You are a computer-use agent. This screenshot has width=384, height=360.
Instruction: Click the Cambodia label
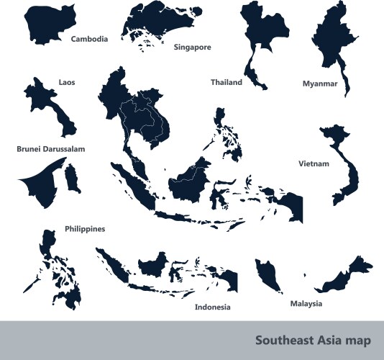pyautogui.click(x=89, y=39)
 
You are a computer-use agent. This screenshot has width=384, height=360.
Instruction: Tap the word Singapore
pyautogui.click(x=192, y=47)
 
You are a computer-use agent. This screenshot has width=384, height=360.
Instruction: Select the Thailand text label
pyautogui.click(x=226, y=82)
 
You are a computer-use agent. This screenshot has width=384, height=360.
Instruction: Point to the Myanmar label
pyautogui.click(x=320, y=84)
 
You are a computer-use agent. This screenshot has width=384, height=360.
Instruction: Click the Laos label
pyautogui.click(x=66, y=82)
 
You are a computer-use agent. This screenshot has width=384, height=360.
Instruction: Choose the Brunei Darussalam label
pyautogui.click(x=51, y=149)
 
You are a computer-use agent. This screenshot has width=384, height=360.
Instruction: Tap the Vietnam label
pyautogui.click(x=314, y=163)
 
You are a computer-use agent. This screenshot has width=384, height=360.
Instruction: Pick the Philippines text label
pyautogui.click(x=85, y=228)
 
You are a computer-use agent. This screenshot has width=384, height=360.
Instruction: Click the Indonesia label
pyautogui.click(x=212, y=307)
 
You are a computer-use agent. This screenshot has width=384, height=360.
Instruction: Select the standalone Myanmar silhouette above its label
pyautogui.click(x=337, y=40)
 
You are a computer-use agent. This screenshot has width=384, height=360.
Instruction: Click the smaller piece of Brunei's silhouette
pyautogui.click(x=71, y=178)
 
